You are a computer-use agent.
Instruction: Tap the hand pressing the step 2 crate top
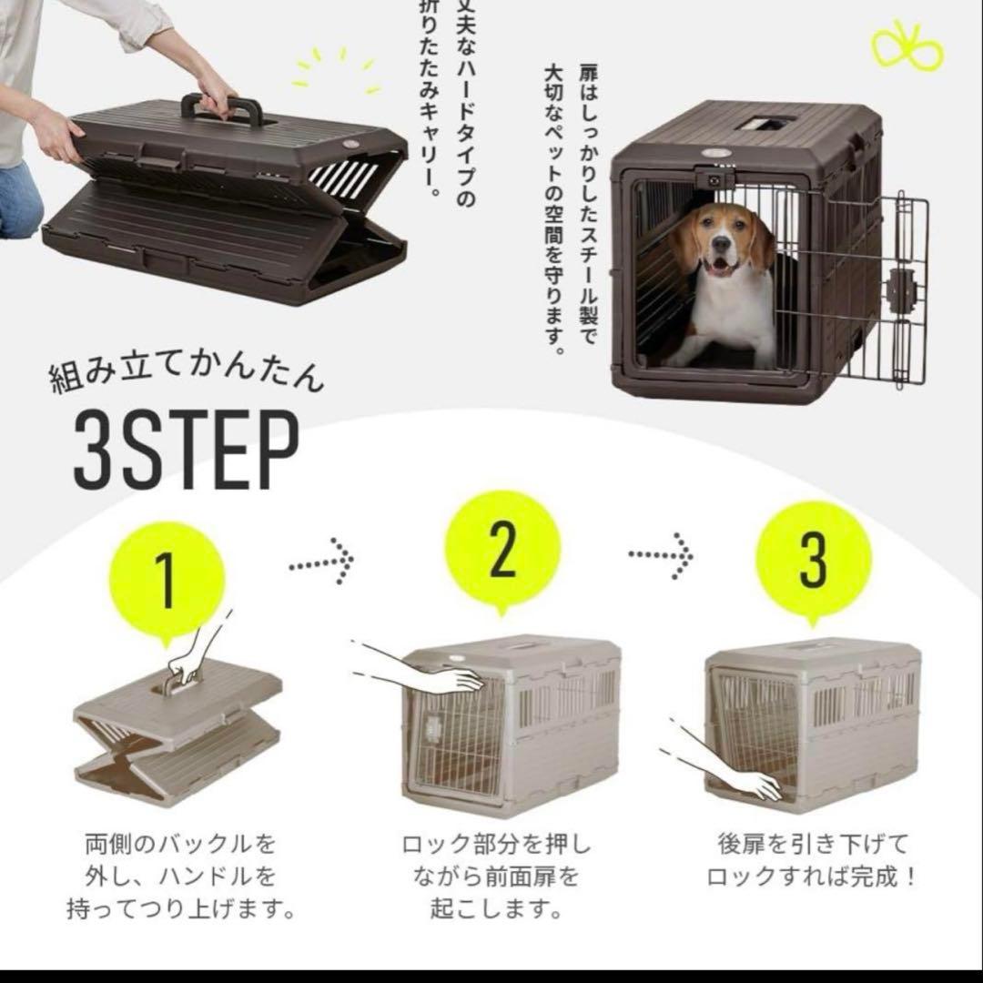(x=455, y=679)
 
